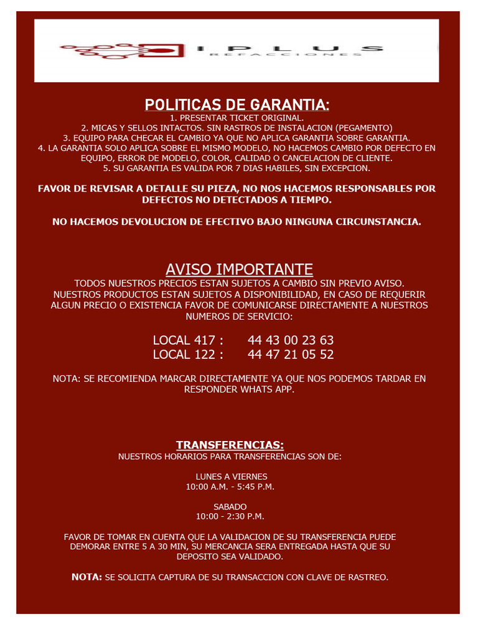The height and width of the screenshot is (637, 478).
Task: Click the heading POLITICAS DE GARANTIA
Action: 237,103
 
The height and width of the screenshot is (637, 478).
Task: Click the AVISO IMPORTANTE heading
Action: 239,269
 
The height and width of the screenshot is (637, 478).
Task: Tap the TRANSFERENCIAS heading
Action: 230,445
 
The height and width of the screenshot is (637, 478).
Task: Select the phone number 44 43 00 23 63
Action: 291,340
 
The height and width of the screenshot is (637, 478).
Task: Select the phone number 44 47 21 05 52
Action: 291,355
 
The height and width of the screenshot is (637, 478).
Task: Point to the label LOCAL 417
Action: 187,340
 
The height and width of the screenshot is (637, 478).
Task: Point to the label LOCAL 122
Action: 187,355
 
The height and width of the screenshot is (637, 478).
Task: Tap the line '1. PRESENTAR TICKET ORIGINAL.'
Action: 237,118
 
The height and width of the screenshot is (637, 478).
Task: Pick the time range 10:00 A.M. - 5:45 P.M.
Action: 230,486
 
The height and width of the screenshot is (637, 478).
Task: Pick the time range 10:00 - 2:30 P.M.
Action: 230,516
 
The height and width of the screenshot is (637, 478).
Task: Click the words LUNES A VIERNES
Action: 232,477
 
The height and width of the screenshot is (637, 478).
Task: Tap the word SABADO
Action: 230,506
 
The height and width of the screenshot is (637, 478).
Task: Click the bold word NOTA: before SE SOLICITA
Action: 87,577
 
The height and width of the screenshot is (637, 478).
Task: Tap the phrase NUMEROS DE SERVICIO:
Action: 239,317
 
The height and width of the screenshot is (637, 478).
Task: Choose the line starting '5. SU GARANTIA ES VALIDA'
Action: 237,168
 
